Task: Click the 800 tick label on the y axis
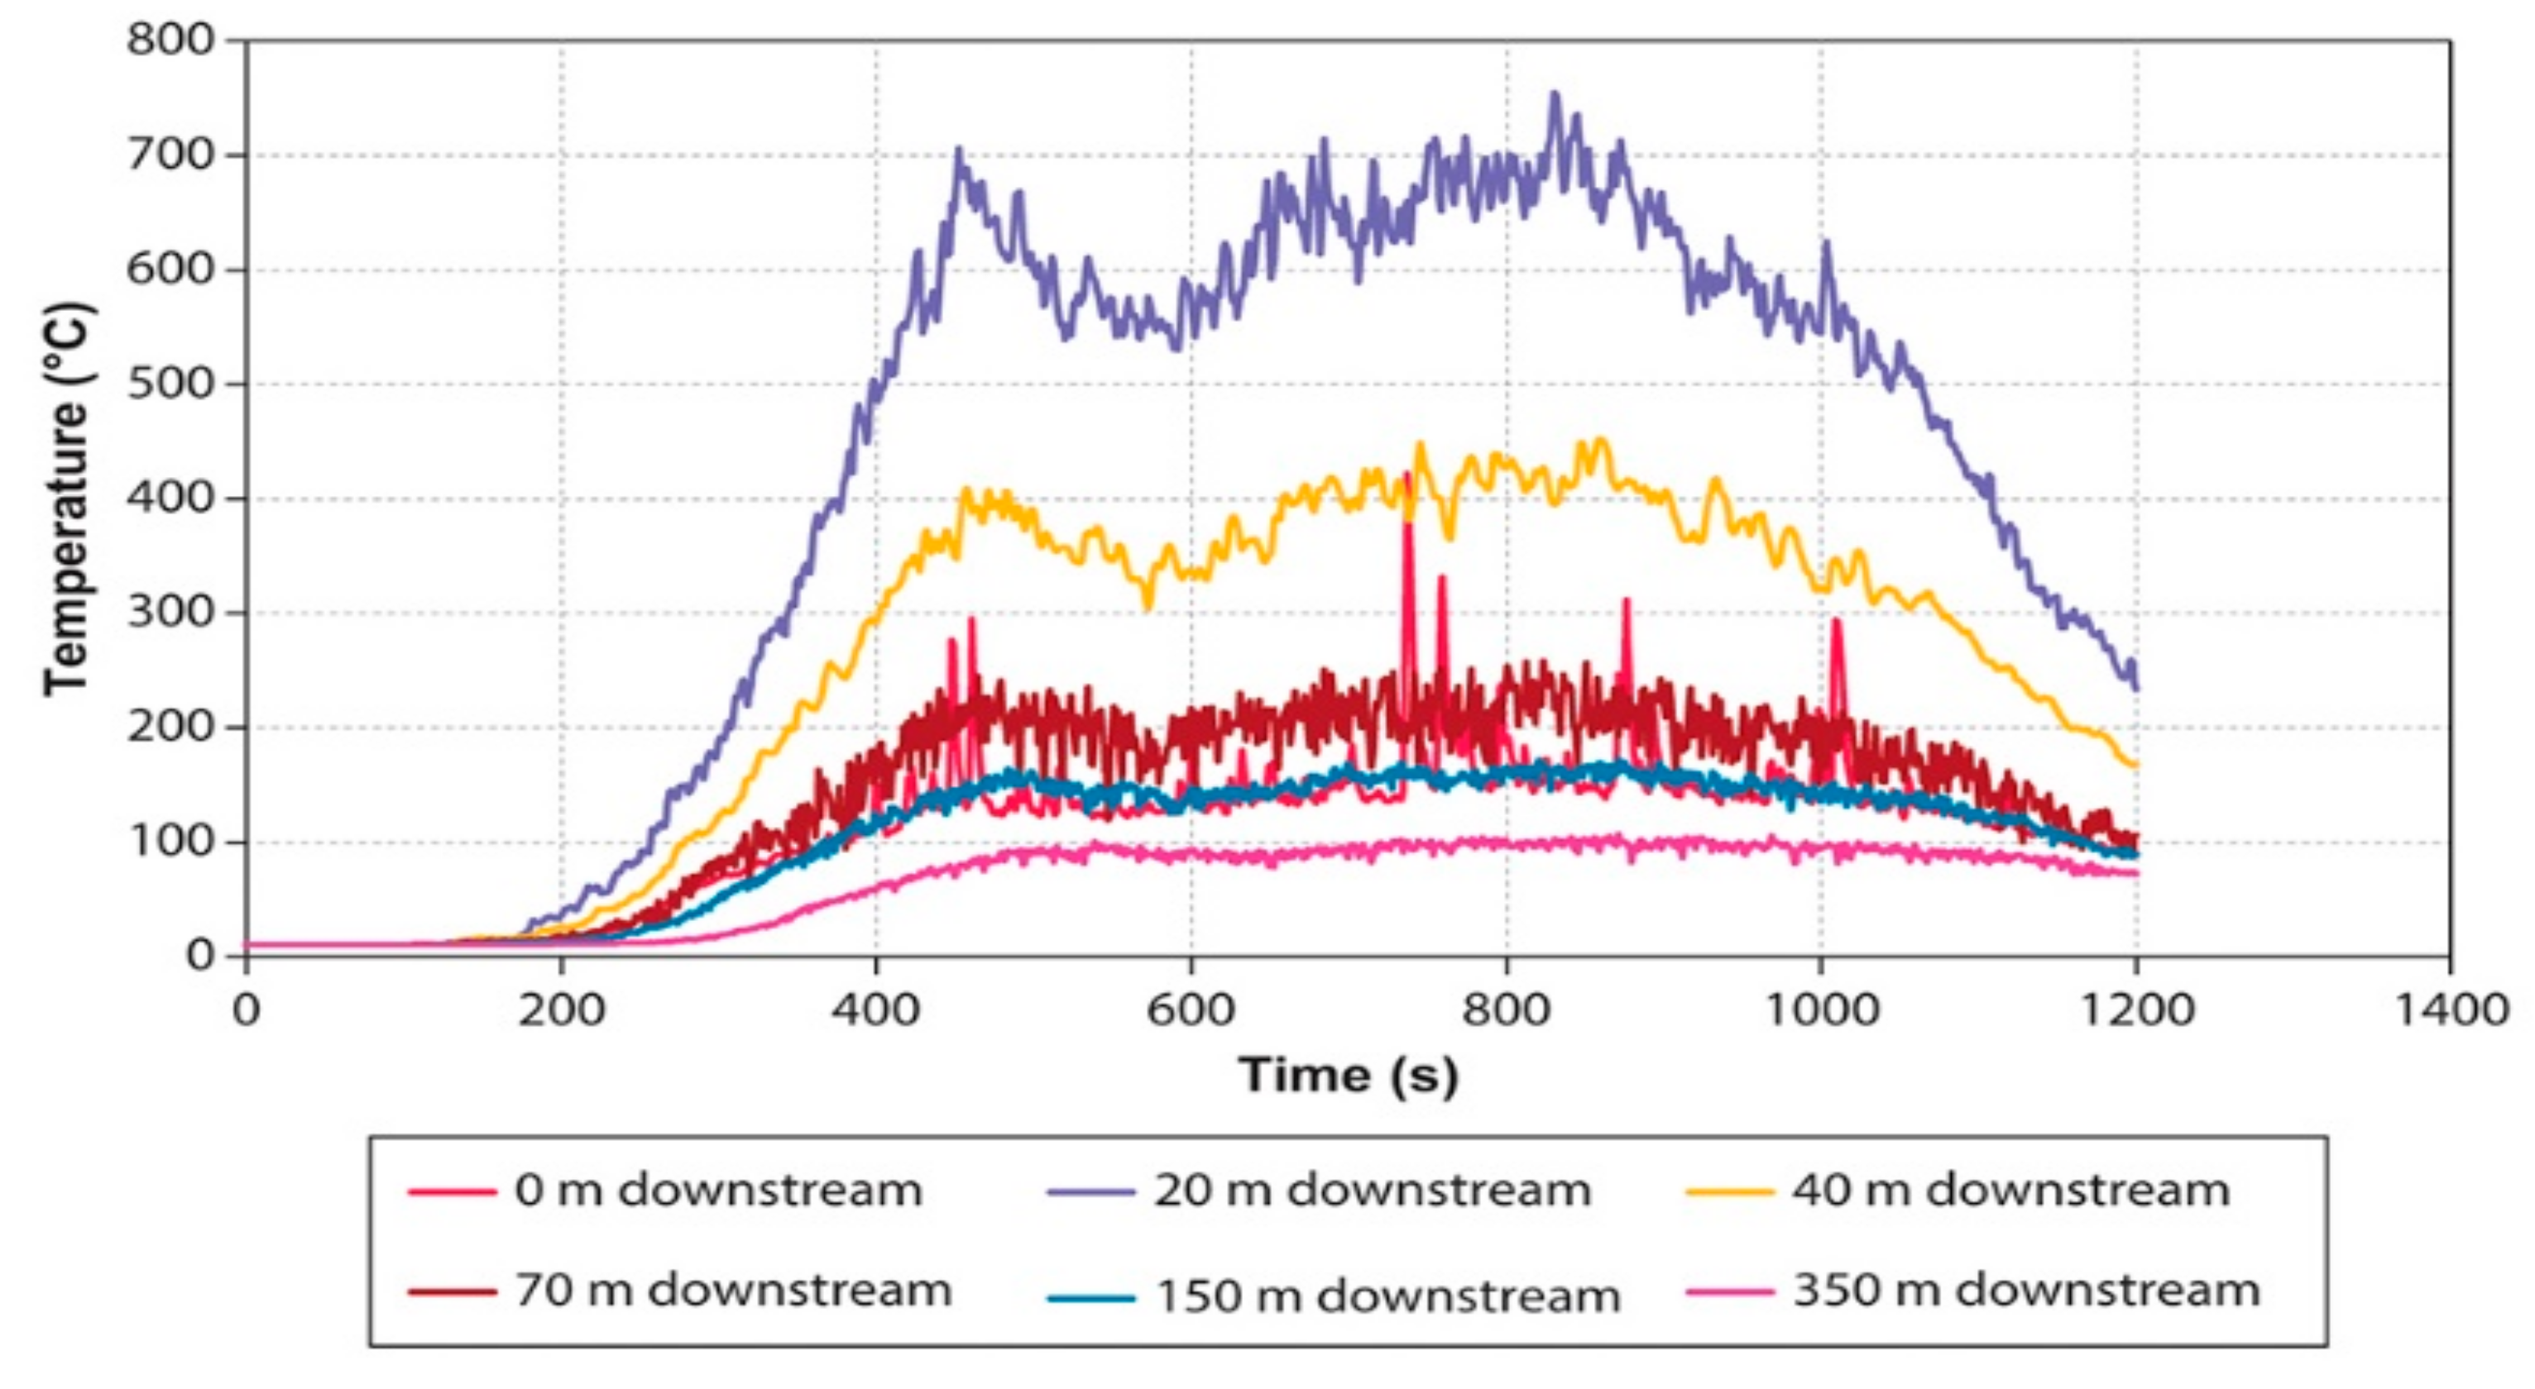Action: click(170, 41)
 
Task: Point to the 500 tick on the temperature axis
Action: click(170, 384)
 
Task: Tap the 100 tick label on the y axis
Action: click(170, 842)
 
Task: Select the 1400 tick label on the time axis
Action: click(2451, 1010)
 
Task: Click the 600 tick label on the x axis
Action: click(1191, 1010)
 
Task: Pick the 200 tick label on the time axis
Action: click(561, 1010)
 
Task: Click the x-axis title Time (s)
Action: click(1349, 1074)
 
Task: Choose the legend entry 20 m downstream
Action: click(1372, 1191)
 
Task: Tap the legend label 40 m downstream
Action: click(2010, 1191)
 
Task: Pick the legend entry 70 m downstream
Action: click(733, 1290)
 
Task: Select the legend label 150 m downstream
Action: click(1387, 1296)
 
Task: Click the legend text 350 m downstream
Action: click(2025, 1290)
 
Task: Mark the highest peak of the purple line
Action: click(1555, 93)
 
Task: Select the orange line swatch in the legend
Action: click(1729, 1191)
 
